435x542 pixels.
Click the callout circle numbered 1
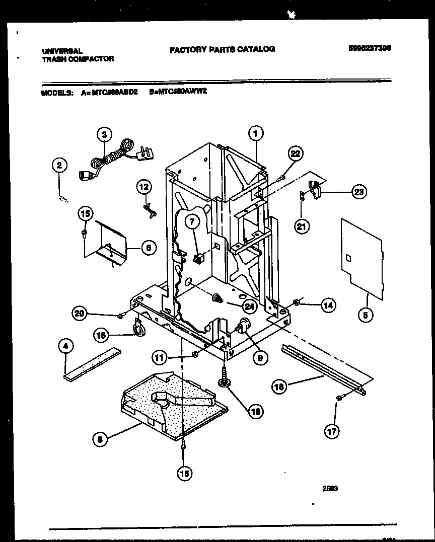pos(256,134)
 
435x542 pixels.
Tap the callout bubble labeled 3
pos(104,134)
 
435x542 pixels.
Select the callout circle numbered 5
pos(366,316)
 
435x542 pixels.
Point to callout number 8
pos(99,439)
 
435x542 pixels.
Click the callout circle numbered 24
pos(249,305)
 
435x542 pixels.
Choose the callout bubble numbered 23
pos(359,192)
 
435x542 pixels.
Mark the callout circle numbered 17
pos(332,431)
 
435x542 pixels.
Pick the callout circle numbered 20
pos(79,314)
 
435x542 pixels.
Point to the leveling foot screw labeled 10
pos(223,377)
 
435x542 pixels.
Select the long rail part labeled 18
pos(325,368)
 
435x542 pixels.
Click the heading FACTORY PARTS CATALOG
pos(222,49)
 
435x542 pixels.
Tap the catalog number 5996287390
pos(370,48)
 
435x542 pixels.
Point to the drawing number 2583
pos(330,488)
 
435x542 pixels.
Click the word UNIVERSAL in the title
pos(62,51)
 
